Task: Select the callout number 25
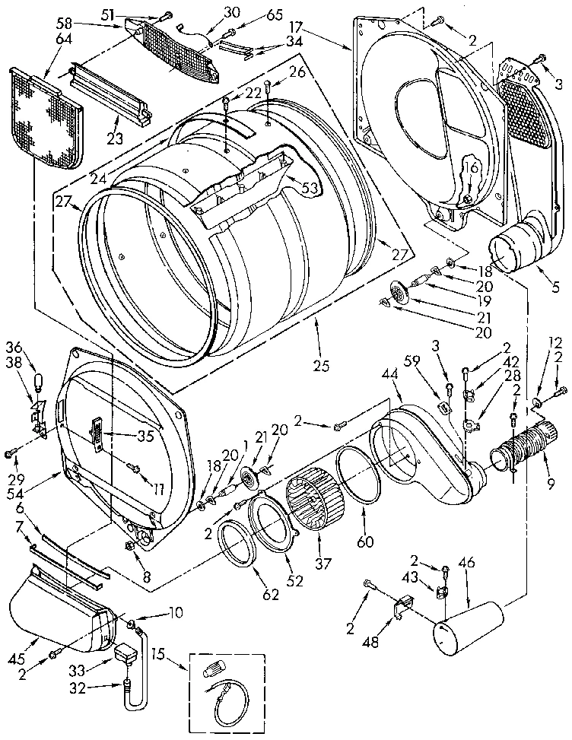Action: coord(321,366)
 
